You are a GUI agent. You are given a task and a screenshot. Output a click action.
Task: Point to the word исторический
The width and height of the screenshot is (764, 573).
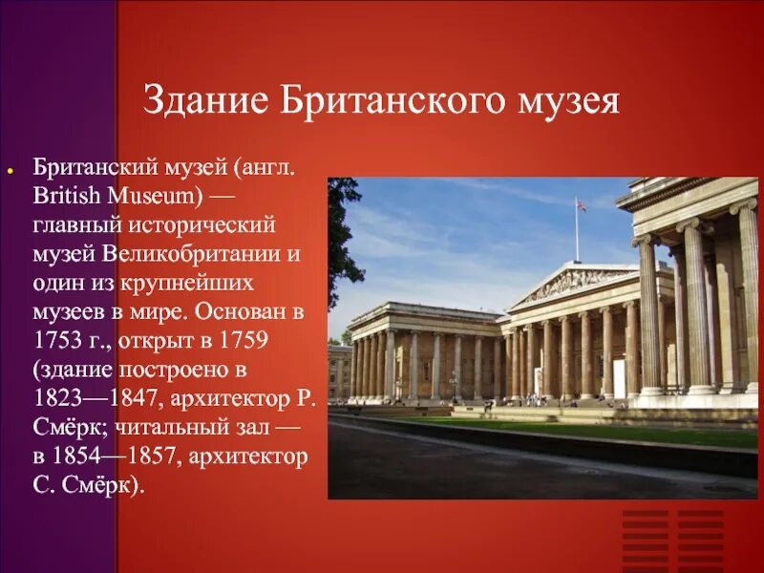coord(200,226)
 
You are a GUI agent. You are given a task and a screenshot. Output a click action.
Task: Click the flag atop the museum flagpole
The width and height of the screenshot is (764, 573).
coord(580,203)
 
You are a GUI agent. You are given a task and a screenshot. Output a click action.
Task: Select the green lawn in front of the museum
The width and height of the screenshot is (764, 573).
coord(611,428)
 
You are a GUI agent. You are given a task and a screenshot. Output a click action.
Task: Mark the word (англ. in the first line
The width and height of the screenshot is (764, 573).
coord(264,168)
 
